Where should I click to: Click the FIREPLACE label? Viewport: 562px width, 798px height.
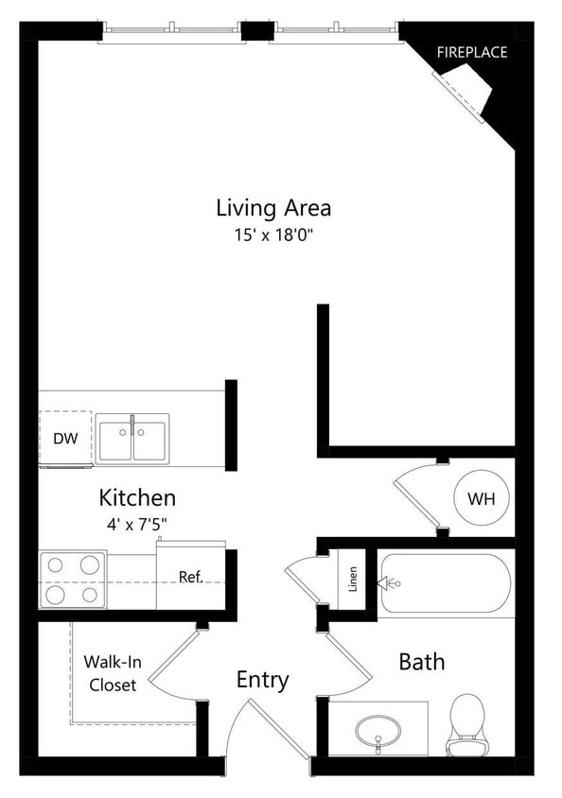471,52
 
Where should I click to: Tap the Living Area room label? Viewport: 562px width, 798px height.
273,207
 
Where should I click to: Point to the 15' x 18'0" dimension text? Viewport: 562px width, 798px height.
273,234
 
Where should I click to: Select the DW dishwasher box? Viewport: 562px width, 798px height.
65,439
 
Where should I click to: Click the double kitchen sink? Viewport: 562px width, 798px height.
132,440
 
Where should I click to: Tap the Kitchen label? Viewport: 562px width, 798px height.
137,497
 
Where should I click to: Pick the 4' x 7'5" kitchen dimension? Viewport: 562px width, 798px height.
137,521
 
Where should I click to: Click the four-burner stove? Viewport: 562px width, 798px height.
73,581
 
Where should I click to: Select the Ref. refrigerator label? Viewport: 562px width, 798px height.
191,577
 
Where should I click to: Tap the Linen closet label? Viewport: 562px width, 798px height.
352,579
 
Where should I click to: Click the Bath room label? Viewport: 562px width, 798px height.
421,661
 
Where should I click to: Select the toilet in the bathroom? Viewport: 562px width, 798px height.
465,726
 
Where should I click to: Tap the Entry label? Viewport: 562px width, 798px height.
262,680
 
